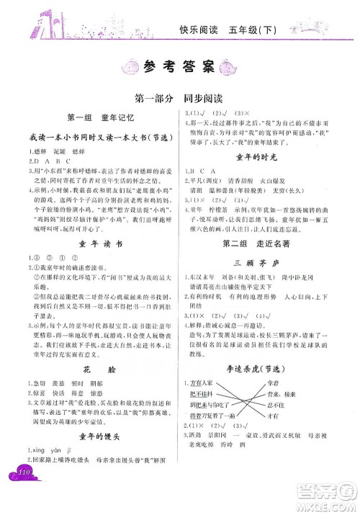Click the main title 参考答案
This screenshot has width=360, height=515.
tap(179, 68)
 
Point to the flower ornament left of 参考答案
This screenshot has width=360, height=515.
tap(130, 68)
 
